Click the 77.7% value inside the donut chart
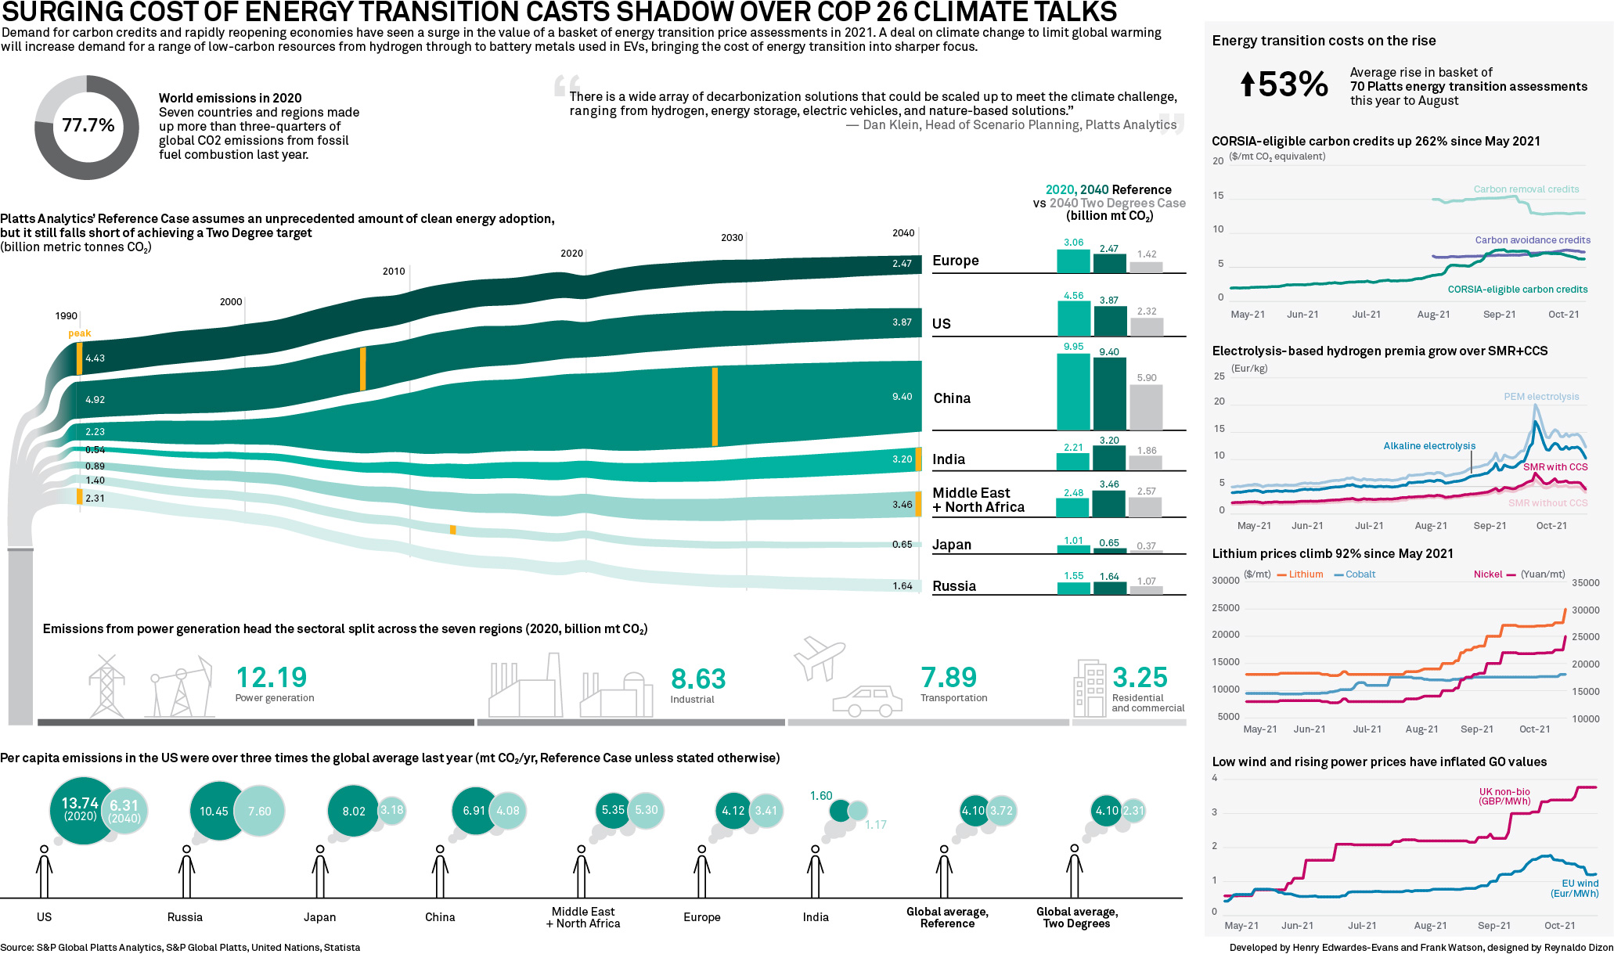click(88, 125)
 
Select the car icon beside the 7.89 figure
click(867, 701)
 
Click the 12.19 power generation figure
click(272, 678)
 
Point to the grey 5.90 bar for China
click(1146, 407)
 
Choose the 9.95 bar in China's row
click(1073, 391)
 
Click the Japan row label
click(952, 545)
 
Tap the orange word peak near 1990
click(79, 333)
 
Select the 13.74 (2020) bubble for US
click(81, 810)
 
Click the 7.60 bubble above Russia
click(259, 811)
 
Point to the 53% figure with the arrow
click(1284, 85)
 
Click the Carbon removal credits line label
click(1526, 189)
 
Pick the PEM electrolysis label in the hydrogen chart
click(1541, 397)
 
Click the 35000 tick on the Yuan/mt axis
click(1585, 583)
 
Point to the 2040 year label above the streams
click(903, 233)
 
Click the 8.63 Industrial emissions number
click(698, 679)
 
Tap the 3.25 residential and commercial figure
click(1140, 678)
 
